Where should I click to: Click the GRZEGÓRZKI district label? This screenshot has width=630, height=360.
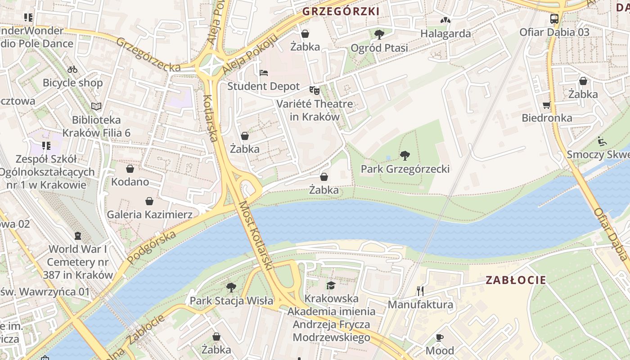coord(341,11)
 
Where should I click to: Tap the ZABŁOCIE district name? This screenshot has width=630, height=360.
coord(516,280)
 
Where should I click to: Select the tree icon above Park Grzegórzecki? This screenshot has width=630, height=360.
coord(405,156)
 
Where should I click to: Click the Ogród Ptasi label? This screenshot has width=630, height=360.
coord(379,48)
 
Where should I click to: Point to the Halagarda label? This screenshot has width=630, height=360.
coord(445,33)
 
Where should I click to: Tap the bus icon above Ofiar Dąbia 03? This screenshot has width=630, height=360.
coord(554,19)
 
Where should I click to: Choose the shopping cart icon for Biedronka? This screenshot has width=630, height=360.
coord(547,105)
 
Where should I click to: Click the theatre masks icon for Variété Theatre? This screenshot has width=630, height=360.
coord(314,90)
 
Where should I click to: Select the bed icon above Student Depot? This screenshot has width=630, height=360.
coord(264,73)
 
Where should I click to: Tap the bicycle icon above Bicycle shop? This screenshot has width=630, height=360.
coord(72,69)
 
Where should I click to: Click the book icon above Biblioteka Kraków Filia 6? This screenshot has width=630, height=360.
coord(96,106)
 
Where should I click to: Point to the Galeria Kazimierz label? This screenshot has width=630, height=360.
coord(149,215)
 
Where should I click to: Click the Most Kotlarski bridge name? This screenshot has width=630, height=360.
coord(256,235)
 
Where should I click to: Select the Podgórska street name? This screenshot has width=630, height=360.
coord(151,247)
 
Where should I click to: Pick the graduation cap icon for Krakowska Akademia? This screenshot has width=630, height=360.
coord(331,285)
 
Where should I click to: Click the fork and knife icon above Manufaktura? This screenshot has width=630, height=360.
coord(420,291)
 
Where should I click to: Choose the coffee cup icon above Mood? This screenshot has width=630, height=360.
coord(440,337)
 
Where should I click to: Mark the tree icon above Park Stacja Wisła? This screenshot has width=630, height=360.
coord(231,287)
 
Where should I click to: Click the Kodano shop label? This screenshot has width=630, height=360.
coord(130,182)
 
